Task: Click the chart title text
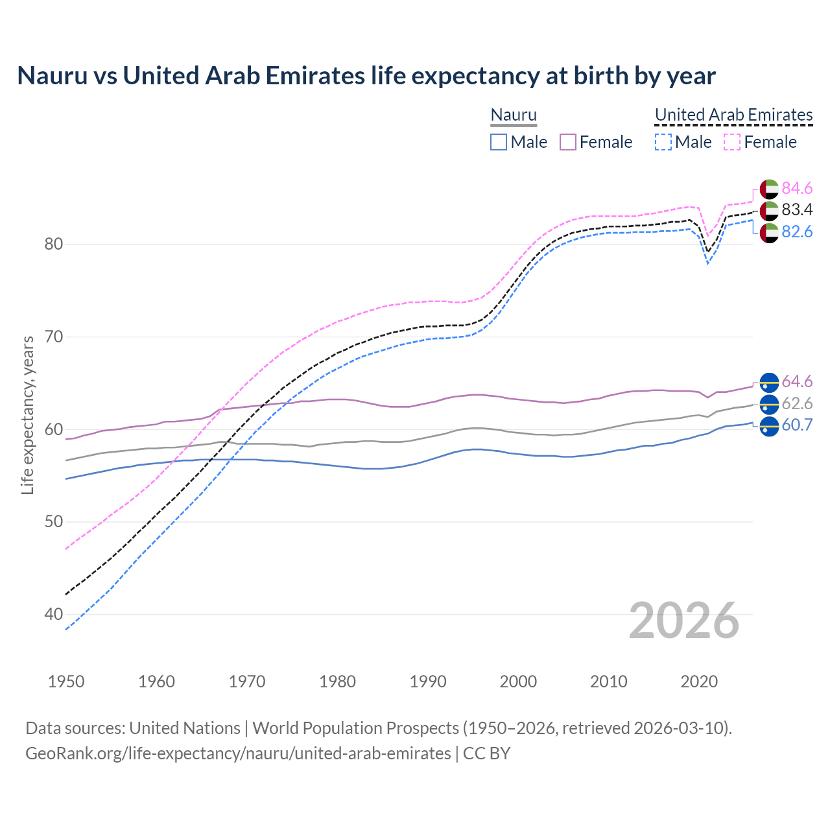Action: [x=366, y=76]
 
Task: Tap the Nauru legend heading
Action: [x=514, y=115]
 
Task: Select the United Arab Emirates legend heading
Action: [x=733, y=115]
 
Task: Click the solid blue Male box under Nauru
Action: [x=498, y=142]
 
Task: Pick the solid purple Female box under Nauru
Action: [x=568, y=142]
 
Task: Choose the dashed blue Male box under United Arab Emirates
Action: [x=663, y=142]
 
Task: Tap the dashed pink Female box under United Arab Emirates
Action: [x=731, y=142]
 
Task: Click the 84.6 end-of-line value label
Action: [x=797, y=188]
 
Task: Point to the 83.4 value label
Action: [x=797, y=210]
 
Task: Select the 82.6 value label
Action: [x=797, y=232]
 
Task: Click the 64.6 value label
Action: [x=797, y=381]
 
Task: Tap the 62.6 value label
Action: [x=797, y=403]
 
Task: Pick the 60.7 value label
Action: [x=797, y=425]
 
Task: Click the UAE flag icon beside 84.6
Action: [x=769, y=189]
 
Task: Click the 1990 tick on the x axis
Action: [x=428, y=682]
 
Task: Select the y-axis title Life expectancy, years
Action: [x=28, y=415]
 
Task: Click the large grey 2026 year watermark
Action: [x=684, y=621]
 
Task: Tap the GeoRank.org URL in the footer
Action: [x=238, y=753]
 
